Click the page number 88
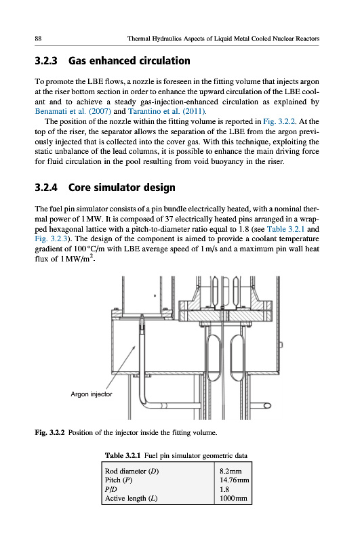click(38, 39)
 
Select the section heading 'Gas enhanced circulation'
click(129, 61)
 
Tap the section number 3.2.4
click(46, 188)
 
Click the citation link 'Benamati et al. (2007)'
click(73, 111)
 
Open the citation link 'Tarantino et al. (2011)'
click(167, 111)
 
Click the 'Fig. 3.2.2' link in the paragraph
click(279, 121)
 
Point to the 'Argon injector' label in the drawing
click(92, 394)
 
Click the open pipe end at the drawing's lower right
click(267, 405)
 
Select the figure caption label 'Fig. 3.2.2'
click(49, 432)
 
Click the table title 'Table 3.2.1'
click(123, 455)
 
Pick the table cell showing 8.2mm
click(231, 471)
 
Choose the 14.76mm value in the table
click(235, 480)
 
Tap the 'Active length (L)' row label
click(131, 499)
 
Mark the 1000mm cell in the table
click(233, 499)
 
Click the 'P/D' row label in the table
click(111, 489)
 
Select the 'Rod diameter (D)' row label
click(132, 471)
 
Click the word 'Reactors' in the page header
click(307, 39)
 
